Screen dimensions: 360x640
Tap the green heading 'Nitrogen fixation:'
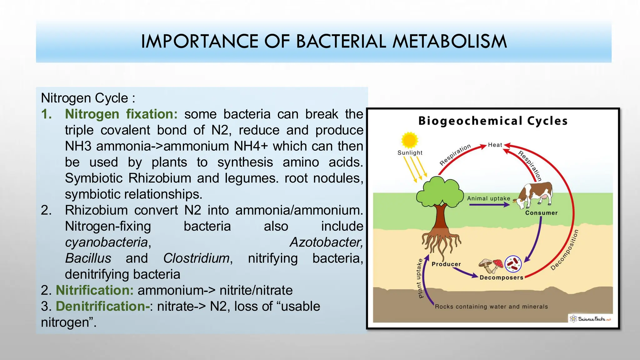coord(121,114)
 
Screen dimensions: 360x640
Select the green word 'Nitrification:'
coord(94,290)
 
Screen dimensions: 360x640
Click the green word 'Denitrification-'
coord(103,306)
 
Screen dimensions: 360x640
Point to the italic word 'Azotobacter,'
coord(326,242)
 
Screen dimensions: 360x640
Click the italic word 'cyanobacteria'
coord(106,242)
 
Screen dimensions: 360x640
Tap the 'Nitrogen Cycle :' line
coord(88,98)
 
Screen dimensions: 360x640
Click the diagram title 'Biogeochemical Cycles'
coord(493,121)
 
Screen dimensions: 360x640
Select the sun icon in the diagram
coord(409,140)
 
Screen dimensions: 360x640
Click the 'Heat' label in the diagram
coord(495,145)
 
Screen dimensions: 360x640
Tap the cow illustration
coord(534,195)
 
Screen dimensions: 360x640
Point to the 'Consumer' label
coord(541,213)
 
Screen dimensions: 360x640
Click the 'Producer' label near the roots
coord(446,264)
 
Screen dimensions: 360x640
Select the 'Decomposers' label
coord(501,277)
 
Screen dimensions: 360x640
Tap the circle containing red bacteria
coord(513,264)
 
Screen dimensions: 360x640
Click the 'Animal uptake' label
coord(488,198)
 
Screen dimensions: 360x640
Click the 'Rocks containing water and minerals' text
coord(491,307)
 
